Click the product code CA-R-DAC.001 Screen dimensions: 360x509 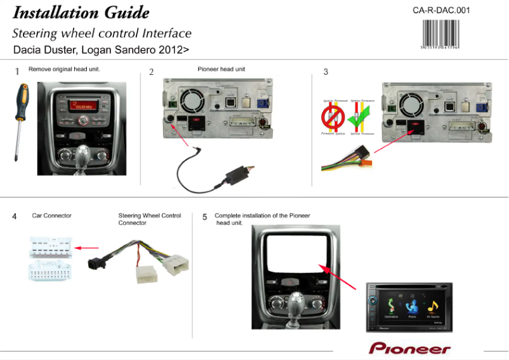pos(441,10)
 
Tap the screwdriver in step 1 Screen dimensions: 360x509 pos(20,120)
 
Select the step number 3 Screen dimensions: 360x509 pos(326,72)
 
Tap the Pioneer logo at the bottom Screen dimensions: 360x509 pos(409,349)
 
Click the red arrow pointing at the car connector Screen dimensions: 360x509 pos(87,248)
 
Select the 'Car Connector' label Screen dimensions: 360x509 pos(52,216)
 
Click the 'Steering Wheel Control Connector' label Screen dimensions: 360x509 pos(150,219)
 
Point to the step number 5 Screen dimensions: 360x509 pos(204,217)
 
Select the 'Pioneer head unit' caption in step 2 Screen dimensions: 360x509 pos(221,69)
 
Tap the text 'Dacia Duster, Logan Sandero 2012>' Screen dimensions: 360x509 pos(101,49)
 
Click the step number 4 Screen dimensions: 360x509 pos(14,217)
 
